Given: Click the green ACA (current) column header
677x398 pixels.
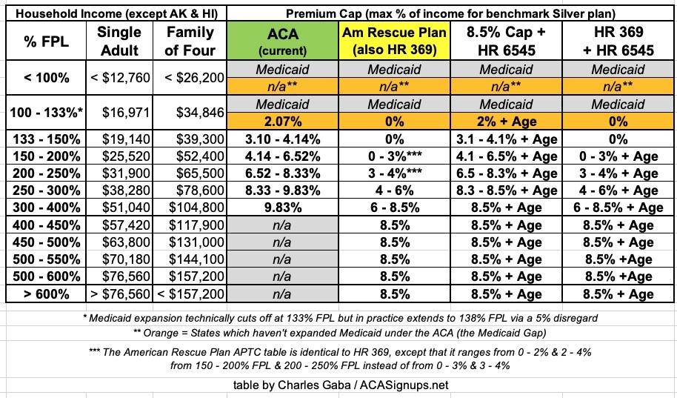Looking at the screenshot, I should pos(281,41).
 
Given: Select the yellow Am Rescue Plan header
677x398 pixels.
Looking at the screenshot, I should pos(395,41).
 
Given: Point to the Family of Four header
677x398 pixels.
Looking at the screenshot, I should pos(190,41).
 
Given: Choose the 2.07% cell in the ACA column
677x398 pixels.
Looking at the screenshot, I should pos(281,121).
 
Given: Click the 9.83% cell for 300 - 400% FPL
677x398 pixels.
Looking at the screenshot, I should pos(281,208).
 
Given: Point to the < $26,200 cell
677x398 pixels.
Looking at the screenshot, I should pos(190,77).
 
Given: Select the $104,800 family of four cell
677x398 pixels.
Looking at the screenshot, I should pos(190,208).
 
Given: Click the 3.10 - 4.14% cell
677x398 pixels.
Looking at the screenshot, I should pos(281,139).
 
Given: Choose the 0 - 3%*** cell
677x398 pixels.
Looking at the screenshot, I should pos(395,156).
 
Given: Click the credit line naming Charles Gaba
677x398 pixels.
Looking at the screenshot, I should pos(338,384).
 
